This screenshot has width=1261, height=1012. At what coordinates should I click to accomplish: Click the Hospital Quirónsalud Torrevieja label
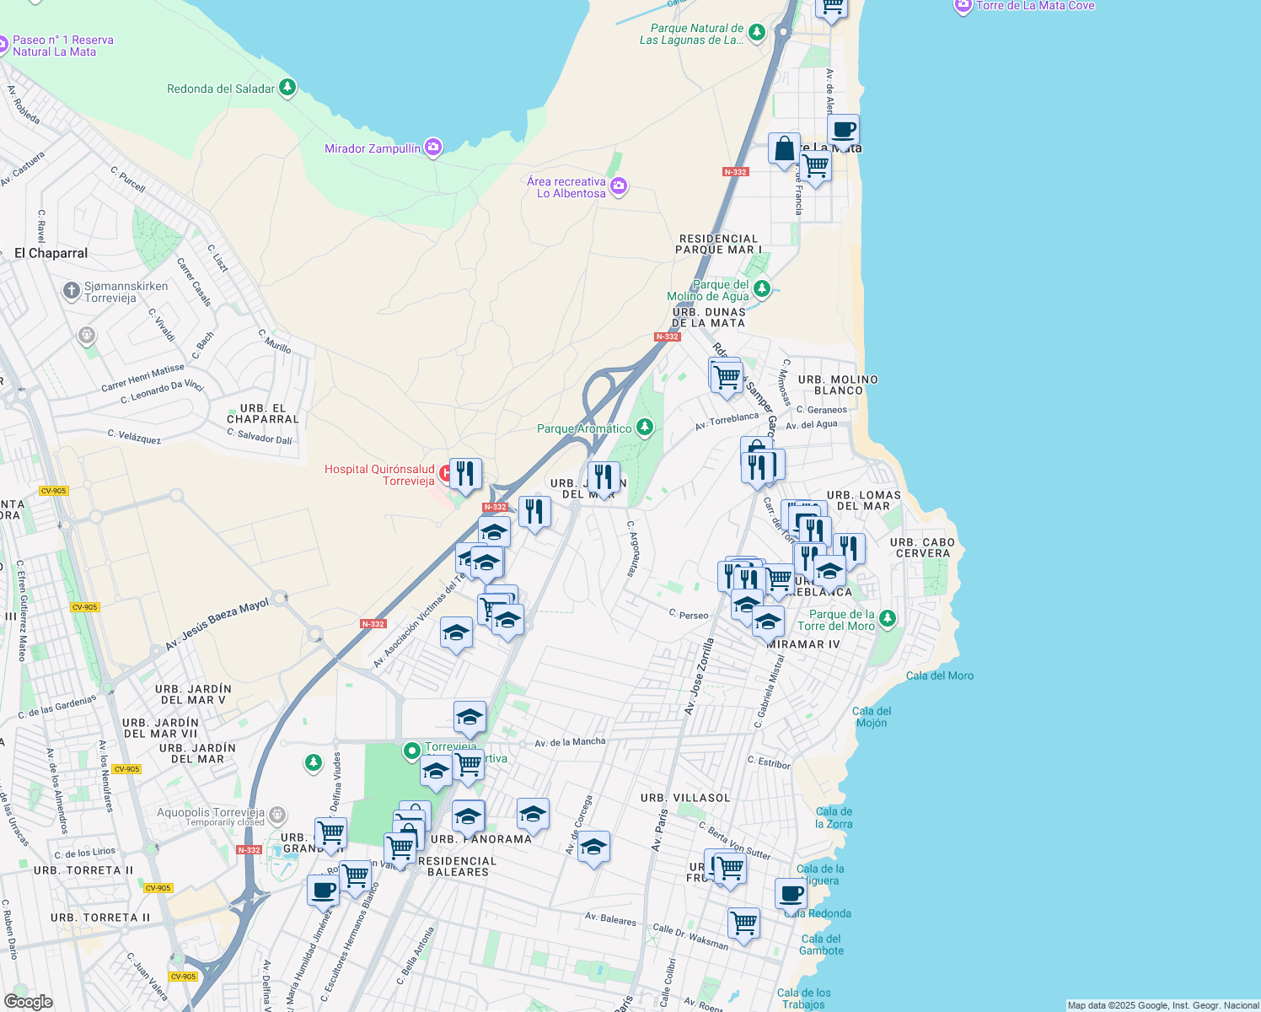(379, 475)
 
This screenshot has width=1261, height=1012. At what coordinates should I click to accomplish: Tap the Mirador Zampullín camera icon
(433, 148)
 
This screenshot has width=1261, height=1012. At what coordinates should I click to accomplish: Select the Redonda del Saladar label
(221, 89)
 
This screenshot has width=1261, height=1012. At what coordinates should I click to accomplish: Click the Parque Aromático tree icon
(645, 428)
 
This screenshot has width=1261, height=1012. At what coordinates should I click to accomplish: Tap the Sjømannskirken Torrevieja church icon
(72, 291)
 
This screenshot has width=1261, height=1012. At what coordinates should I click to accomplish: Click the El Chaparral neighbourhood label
(51, 253)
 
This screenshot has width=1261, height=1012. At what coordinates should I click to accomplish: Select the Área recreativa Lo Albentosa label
(566, 187)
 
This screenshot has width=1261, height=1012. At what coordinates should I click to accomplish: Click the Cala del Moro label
(940, 676)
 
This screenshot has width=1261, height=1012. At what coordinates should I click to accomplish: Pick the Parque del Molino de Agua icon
(762, 289)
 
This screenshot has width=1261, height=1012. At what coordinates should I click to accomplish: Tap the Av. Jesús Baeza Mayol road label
(217, 625)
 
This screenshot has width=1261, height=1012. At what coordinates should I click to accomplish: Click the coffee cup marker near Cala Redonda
(791, 893)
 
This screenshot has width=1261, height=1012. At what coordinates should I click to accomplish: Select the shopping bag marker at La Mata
(784, 149)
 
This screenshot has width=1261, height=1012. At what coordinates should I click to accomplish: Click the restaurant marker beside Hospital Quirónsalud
(465, 474)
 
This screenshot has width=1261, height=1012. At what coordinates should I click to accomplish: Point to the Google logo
(29, 1001)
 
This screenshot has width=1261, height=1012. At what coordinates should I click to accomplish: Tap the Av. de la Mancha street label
(570, 742)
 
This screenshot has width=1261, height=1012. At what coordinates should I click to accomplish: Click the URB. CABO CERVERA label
(923, 548)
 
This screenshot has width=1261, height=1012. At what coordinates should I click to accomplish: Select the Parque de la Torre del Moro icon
(888, 620)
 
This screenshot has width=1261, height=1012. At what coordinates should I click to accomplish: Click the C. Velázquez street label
(134, 436)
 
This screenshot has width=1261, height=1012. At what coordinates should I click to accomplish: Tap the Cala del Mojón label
(872, 717)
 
